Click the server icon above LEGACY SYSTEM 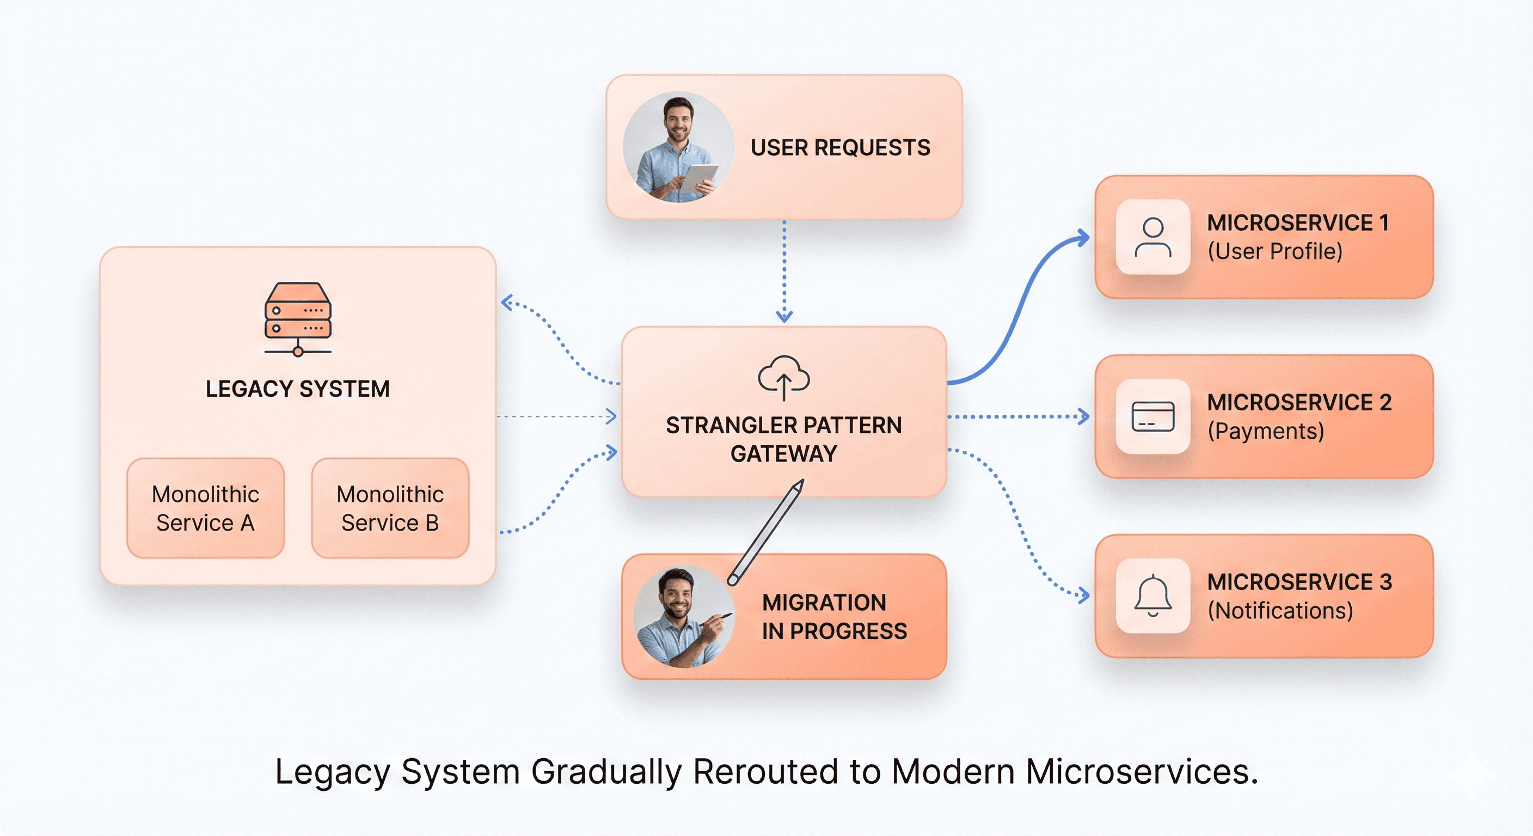pyautogui.click(x=298, y=319)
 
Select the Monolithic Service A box pyautogui.click(x=205, y=508)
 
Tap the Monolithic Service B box pyautogui.click(x=390, y=508)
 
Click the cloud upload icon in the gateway pyautogui.click(x=783, y=377)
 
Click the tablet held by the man pyautogui.click(x=698, y=178)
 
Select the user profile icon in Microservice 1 pyautogui.click(x=1152, y=237)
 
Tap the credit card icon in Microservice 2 pyautogui.click(x=1152, y=416)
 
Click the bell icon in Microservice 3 pyautogui.click(x=1152, y=595)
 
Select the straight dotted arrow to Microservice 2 pyautogui.click(x=1017, y=416)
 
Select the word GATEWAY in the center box pyautogui.click(x=783, y=454)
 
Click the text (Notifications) pyautogui.click(x=1279, y=611)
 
